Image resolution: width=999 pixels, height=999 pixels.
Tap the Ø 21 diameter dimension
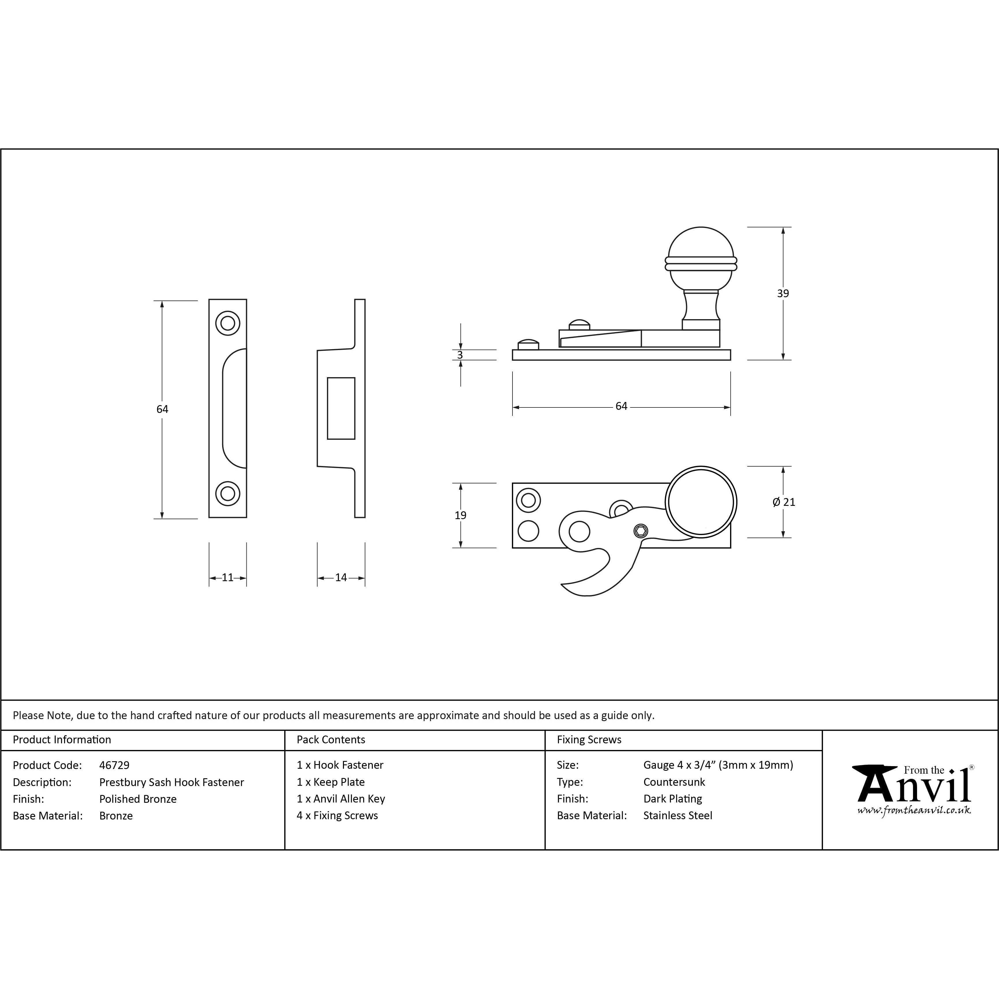pos(784,502)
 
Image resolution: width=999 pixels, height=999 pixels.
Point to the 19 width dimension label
pos(460,515)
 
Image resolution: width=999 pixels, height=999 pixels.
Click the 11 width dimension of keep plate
pos(227,578)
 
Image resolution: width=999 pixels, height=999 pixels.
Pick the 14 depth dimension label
pos(341,578)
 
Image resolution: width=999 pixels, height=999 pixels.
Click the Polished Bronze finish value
pos(138,799)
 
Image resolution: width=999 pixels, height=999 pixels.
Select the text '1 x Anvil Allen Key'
pos(341,799)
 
